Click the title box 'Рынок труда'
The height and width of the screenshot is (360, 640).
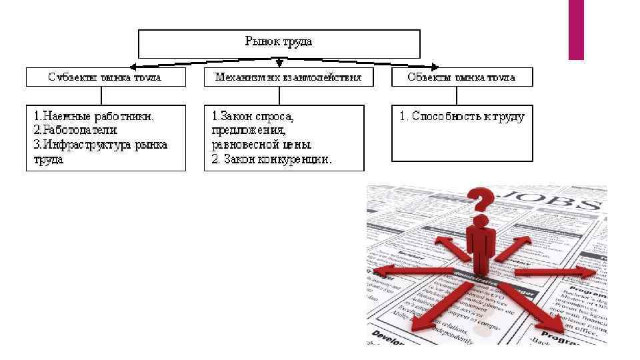click(279, 43)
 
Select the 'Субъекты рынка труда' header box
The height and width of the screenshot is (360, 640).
click(105, 77)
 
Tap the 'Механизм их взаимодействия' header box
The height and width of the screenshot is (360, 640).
click(288, 77)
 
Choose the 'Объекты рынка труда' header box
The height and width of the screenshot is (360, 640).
click(462, 77)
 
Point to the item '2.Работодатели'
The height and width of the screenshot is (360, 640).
click(75, 130)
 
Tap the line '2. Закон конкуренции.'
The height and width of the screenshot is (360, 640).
click(271, 160)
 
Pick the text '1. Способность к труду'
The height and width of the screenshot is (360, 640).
click(462, 117)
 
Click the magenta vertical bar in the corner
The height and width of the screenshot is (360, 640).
click(576, 29)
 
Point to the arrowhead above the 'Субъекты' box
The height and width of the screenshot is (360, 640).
click(133, 67)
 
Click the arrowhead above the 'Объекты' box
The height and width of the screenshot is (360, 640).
click(435, 67)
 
